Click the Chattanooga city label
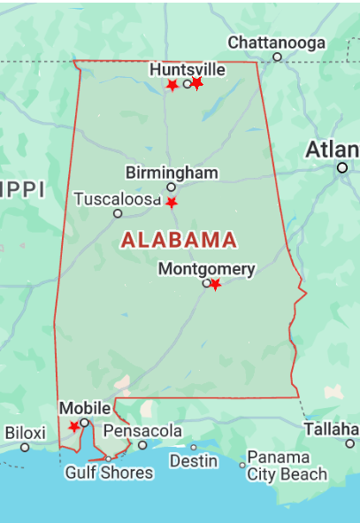(x=276, y=42)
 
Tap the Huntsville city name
(x=188, y=69)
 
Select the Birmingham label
(x=172, y=173)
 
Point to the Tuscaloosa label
(x=117, y=199)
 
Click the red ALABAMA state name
(x=179, y=240)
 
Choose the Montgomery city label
(x=206, y=269)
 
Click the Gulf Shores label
(x=109, y=473)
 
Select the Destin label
(x=194, y=461)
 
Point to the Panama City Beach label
(x=279, y=465)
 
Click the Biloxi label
(x=25, y=433)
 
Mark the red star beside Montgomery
(x=215, y=284)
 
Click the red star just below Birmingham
(x=172, y=203)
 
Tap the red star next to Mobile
(x=74, y=427)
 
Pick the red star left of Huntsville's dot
(x=172, y=85)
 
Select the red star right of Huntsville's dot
(x=197, y=83)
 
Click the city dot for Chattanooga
(x=277, y=58)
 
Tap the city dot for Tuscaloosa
(x=118, y=213)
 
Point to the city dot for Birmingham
(x=172, y=187)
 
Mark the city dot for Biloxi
(x=25, y=447)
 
